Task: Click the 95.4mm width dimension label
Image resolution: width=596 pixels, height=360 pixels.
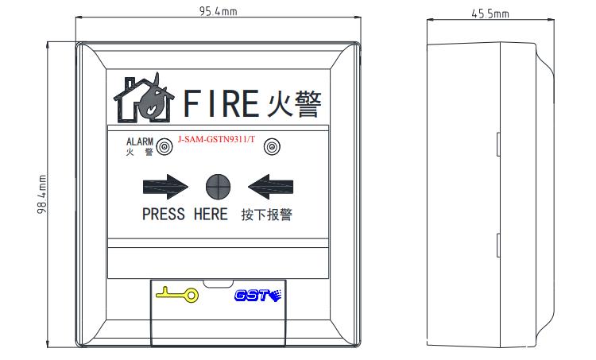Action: coord(217,11)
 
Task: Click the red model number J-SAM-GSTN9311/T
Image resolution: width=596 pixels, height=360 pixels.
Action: coord(216,139)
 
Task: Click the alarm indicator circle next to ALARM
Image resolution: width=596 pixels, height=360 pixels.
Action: coord(164,147)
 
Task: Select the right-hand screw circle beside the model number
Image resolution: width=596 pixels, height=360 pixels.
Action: coord(272,147)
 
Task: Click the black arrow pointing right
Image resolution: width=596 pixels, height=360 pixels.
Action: coord(165,187)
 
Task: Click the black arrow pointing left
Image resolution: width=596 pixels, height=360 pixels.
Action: coord(270,187)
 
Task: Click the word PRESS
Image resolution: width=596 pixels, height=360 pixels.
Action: coord(163,215)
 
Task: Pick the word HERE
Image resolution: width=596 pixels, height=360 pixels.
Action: coord(211,215)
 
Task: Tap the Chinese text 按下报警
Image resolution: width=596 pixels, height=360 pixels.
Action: coord(266,215)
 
